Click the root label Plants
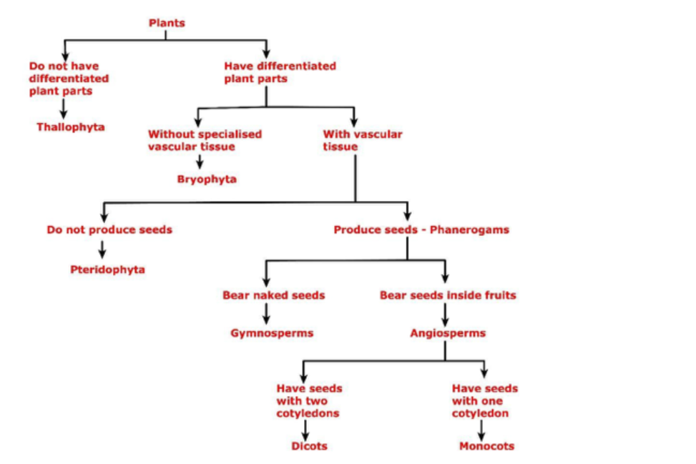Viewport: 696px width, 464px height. tap(167, 24)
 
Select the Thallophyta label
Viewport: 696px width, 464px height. tap(71, 127)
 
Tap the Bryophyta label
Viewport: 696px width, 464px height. tap(207, 179)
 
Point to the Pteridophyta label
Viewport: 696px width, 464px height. tap(107, 270)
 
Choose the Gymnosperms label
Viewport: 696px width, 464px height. tap(272, 333)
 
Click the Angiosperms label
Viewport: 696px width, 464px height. tap(448, 333)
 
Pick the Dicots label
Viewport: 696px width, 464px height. tap(309, 446)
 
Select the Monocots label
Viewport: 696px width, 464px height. tap(486, 446)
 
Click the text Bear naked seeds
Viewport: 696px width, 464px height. tap(273, 295)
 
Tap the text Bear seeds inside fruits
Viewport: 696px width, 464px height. tap(448, 295)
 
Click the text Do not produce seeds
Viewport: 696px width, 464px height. tap(109, 230)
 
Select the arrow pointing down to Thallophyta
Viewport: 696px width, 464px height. tap(64, 109)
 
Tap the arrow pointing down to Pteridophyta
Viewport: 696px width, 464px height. tap(103, 250)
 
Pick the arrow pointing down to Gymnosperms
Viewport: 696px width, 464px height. tap(267, 314)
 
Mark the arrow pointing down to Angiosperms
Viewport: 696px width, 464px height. tap(445, 314)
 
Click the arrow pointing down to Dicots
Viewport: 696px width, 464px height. tap(305, 430)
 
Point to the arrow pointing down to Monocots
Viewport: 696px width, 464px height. tap(481, 430)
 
